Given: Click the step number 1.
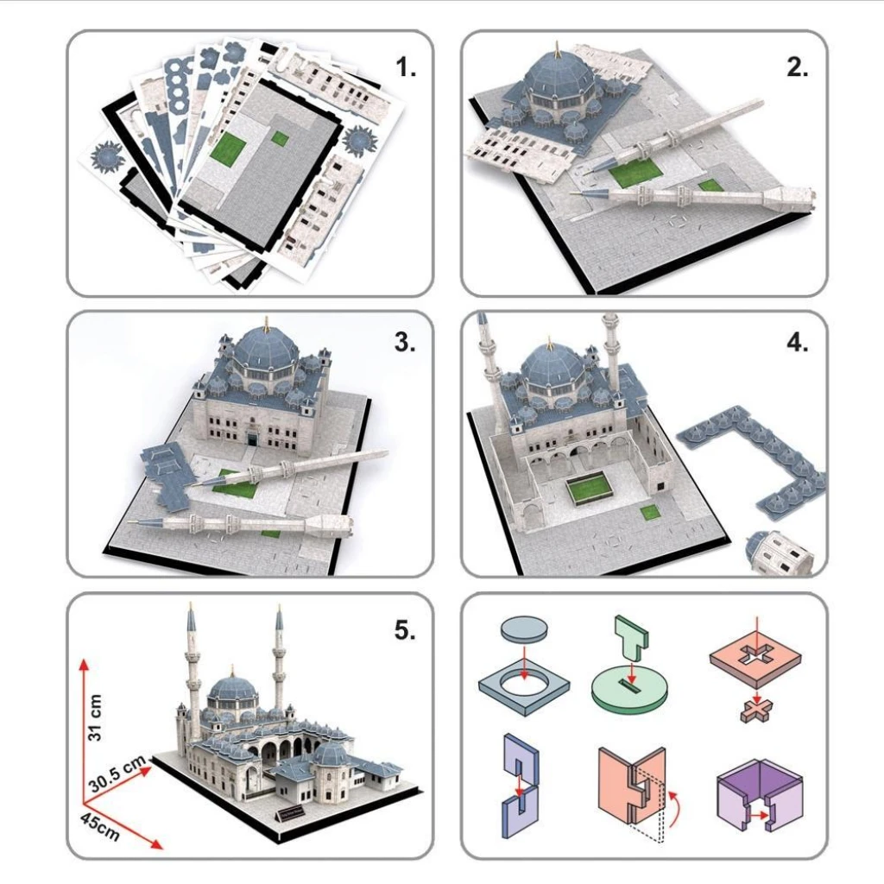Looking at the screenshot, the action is point(406,67).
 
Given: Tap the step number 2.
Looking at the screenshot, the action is point(797,67).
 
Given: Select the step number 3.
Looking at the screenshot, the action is point(405,342).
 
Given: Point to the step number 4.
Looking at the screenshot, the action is point(797,342).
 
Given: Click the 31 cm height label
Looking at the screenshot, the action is point(95,717).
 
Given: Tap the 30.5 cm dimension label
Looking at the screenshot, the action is point(117,774).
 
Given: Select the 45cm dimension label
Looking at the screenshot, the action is point(100,826).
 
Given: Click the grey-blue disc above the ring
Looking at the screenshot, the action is point(524,628).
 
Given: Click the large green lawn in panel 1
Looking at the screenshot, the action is point(229,148).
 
